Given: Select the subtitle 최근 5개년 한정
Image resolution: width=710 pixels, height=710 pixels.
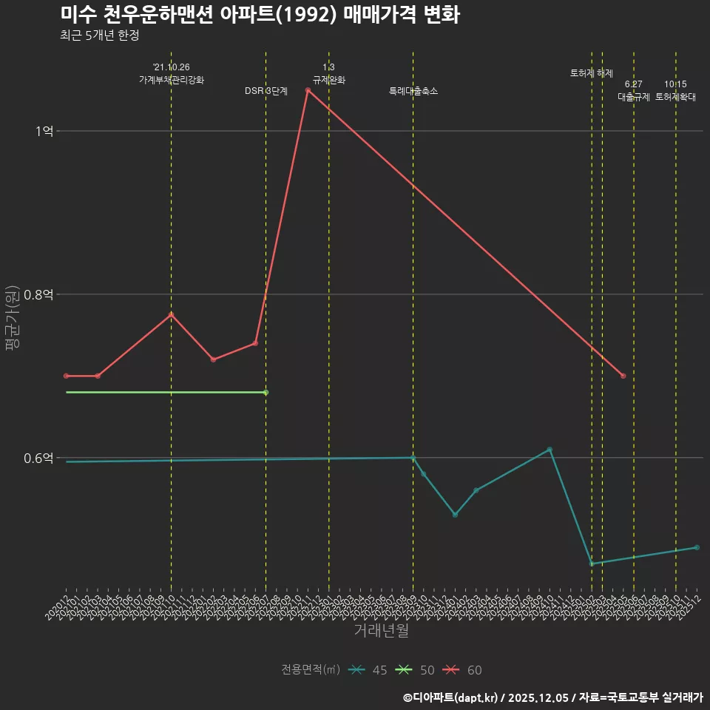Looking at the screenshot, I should (100, 35).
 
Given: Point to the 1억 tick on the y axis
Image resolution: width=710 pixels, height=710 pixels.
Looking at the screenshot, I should (44, 131).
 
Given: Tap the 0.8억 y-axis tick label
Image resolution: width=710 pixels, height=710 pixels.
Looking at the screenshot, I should (38, 294).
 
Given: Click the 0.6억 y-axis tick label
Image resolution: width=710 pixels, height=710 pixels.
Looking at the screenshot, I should (38, 458).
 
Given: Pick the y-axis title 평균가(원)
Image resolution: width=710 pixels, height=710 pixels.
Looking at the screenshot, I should (13, 317).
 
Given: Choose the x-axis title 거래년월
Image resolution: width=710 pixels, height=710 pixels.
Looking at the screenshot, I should (381, 631).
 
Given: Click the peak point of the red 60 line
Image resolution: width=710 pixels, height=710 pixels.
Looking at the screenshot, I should (308, 90).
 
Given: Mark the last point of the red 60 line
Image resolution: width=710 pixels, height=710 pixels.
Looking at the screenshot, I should (623, 376).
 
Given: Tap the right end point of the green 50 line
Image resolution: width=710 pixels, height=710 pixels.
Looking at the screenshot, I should (266, 392).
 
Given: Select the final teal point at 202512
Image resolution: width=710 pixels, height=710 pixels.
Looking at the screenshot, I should (697, 547).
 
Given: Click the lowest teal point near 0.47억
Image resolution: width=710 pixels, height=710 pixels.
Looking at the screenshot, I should (592, 564).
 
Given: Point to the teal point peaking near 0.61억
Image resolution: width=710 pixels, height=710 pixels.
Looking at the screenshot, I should (550, 450).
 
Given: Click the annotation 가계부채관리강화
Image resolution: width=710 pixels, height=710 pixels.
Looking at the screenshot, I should (172, 79).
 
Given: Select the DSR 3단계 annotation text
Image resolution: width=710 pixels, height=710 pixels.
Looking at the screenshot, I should (266, 91).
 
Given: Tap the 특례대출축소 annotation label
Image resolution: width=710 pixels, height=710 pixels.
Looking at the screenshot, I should (413, 91).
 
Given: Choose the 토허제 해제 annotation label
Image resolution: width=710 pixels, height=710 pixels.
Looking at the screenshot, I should (592, 73).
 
